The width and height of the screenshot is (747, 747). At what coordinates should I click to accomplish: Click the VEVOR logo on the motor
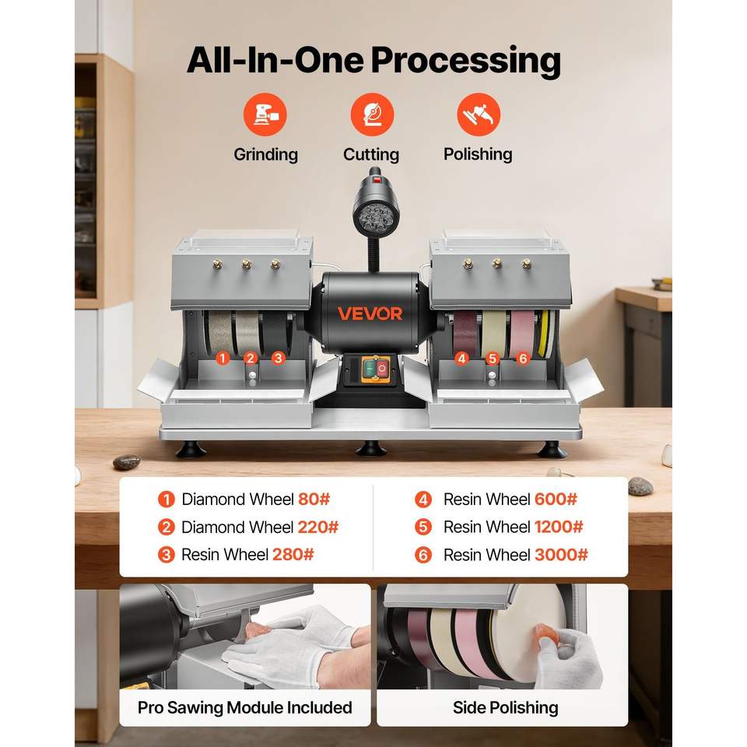pyautogui.click(x=370, y=314)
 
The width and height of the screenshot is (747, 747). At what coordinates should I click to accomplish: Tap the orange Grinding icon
pyautogui.click(x=265, y=115)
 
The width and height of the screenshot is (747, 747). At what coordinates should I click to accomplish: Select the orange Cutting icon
pyautogui.click(x=372, y=115)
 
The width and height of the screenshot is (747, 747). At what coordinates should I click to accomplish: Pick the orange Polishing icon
pyautogui.click(x=479, y=115)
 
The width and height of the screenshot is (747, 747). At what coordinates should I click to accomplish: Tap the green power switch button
pyautogui.click(x=369, y=368)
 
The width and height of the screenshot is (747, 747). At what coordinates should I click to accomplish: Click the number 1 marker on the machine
pyautogui.click(x=223, y=358)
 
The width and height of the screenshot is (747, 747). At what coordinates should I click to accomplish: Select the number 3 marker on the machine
pyautogui.click(x=279, y=358)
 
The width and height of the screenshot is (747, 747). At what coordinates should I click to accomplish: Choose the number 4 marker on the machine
pyautogui.click(x=461, y=358)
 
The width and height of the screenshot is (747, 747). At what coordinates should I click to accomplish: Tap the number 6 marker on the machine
pyautogui.click(x=523, y=358)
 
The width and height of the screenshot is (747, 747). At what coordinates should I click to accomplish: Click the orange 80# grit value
pyautogui.click(x=314, y=500)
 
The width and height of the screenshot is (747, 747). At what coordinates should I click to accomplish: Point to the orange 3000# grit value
pyautogui.click(x=561, y=555)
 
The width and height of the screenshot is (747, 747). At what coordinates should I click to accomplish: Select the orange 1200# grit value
pyautogui.click(x=559, y=527)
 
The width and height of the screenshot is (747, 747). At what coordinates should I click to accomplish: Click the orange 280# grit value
pyautogui.click(x=293, y=555)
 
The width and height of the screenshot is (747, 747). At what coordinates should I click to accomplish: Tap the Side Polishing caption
pyautogui.click(x=506, y=708)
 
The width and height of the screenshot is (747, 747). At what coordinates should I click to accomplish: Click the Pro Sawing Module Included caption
pyautogui.click(x=245, y=708)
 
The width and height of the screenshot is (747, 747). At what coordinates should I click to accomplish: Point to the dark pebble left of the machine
pyautogui.click(x=127, y=461)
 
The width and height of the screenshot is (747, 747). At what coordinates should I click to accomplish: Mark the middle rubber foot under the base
pyautogui.click(x=371, y=448)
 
